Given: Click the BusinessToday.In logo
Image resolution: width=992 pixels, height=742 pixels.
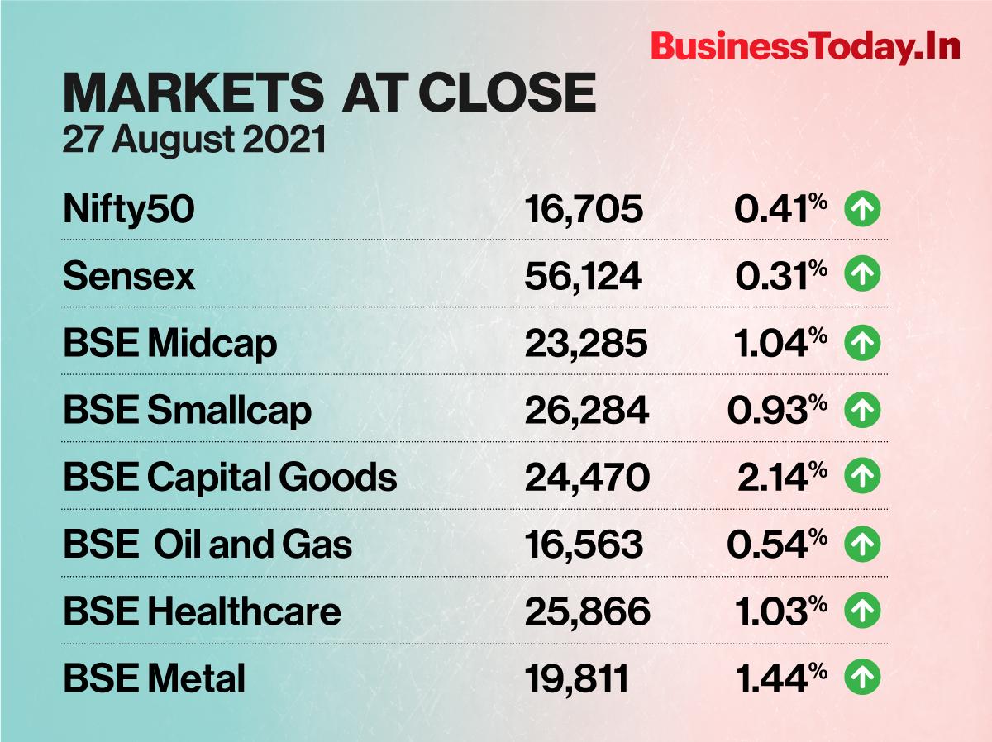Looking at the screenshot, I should click(x=805, y=47).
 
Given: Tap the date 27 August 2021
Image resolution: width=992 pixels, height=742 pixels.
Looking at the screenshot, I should click(x=194, y=139).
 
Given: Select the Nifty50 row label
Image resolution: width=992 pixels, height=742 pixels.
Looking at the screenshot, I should click(x=129, y=210).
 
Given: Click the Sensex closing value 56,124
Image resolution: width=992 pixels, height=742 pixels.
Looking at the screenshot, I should click(x=583, y=277).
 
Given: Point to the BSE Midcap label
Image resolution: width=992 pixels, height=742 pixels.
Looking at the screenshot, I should click(x=169, y=344).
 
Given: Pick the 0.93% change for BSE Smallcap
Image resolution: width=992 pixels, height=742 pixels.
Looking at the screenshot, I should click(x=777, y=411).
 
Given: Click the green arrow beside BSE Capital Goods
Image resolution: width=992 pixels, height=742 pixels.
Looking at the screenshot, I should click(x=862, y=477).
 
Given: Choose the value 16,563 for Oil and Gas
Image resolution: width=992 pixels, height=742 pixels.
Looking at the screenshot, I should click(x=583, y=545).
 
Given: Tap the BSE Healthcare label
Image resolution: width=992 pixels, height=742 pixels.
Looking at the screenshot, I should click(x=202, y=612).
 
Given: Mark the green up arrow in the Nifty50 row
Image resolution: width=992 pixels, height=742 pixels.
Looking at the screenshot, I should click(x=862, y=210).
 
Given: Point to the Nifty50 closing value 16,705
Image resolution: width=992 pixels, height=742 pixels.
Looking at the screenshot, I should click(x=583, y=210).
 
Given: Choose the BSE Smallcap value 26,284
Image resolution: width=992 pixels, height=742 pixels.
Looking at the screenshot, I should click(x=586, y=411).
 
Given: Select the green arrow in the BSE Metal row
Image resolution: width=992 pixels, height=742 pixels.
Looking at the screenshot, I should click(x=862, y=679).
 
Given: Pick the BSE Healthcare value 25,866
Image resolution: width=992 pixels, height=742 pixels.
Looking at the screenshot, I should click(x=587, y=612).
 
